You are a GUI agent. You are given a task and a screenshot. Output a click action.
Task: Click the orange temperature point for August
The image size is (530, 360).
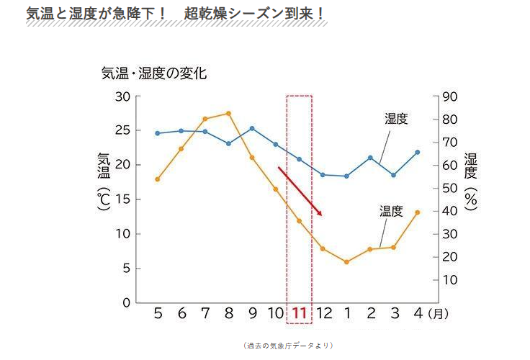point(228,113)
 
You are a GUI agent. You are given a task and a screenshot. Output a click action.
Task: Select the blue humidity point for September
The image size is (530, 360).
point(252,128)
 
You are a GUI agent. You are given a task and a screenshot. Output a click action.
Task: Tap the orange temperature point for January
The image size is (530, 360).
point(346,262)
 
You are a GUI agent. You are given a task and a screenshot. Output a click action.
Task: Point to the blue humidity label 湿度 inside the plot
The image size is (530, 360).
point(396,119)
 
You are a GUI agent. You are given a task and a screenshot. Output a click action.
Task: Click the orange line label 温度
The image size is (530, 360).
point(391,211)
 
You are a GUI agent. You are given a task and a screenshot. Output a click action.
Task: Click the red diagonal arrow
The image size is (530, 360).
point(300,191)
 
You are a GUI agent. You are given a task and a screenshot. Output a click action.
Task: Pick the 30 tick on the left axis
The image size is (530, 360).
point(122,96)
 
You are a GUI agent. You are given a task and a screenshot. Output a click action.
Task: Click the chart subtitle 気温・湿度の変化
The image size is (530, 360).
point(154,73)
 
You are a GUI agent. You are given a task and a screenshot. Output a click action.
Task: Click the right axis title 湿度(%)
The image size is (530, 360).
point(471,180)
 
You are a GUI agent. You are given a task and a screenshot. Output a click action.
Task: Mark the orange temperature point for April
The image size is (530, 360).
point(417,212)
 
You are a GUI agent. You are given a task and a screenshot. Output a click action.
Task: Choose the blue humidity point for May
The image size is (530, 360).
point(158,133)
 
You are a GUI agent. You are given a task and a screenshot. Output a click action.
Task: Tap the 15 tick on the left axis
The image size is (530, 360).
point(122,199)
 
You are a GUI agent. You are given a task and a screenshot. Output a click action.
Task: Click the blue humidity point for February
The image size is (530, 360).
point(370,158)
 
